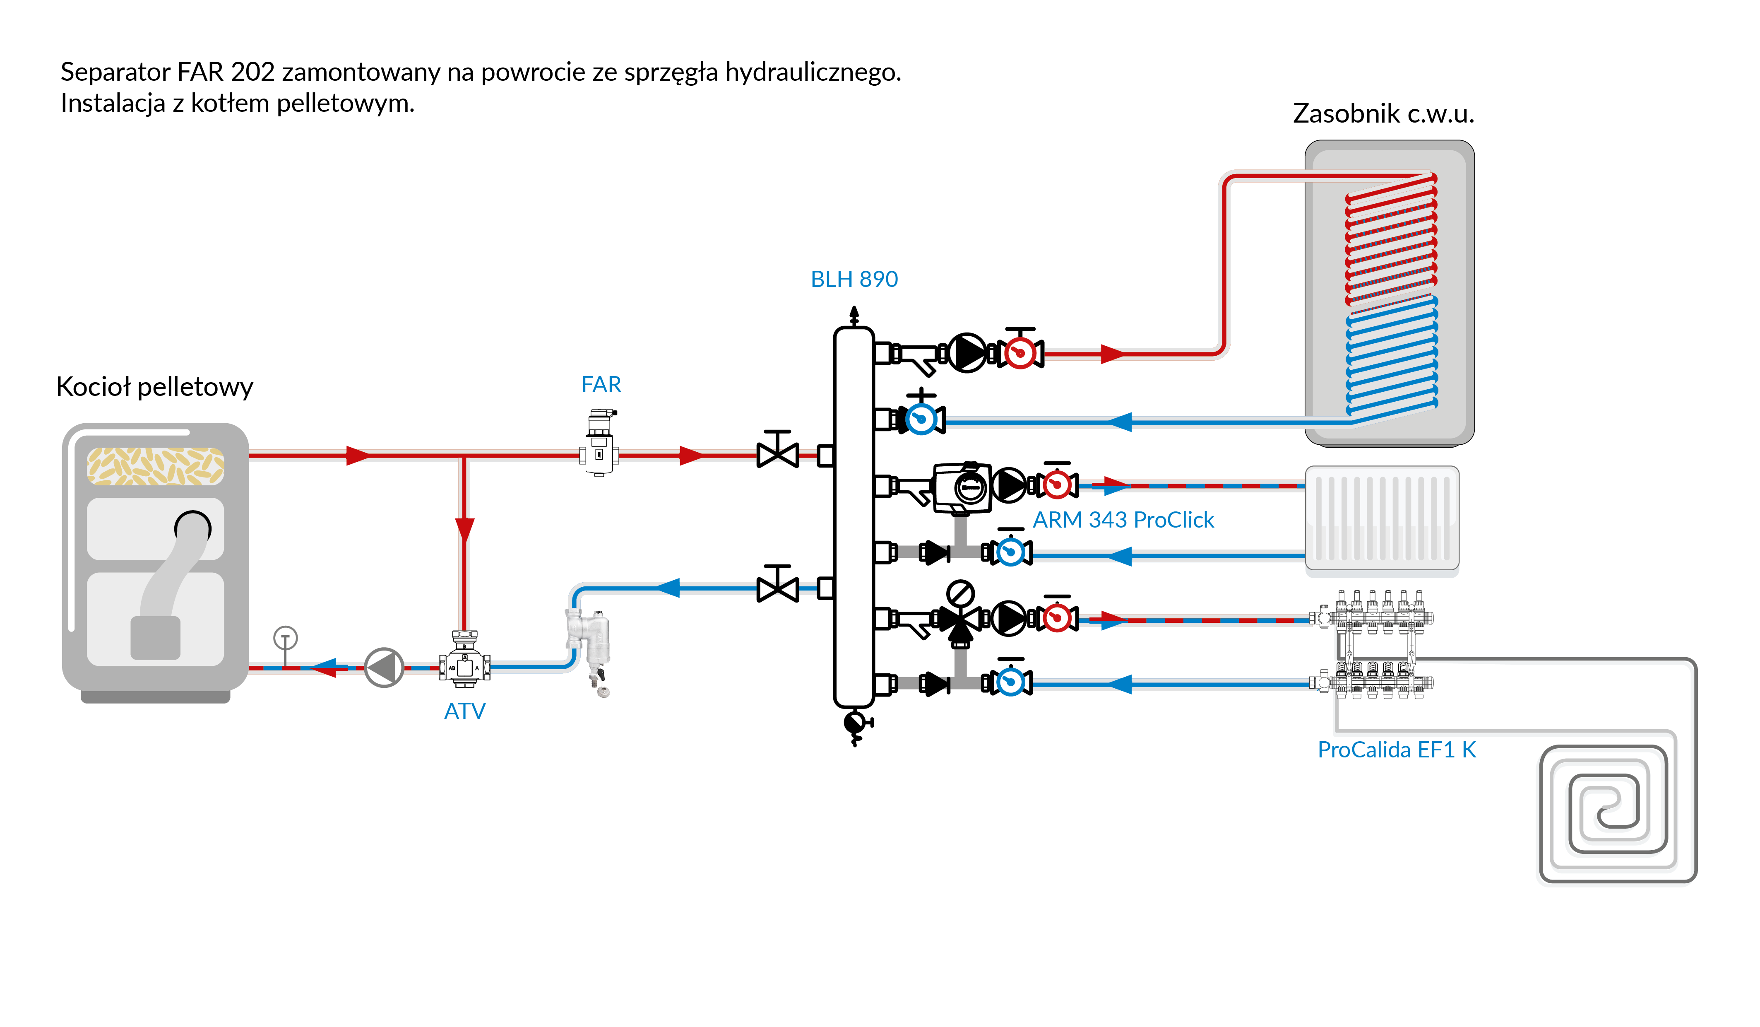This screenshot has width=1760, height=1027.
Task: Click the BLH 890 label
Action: tap(854, 280)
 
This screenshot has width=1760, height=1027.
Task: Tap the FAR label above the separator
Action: tap(601, 384)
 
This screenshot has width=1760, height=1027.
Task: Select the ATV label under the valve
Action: tap(464, 711)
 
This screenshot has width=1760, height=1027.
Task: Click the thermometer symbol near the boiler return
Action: tap(285, 639)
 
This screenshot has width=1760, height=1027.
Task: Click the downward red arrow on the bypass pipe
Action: tap(464, 530)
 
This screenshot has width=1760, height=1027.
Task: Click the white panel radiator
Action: tap(1381, 518)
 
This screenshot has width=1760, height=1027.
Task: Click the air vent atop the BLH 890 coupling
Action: tap(854, 316)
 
